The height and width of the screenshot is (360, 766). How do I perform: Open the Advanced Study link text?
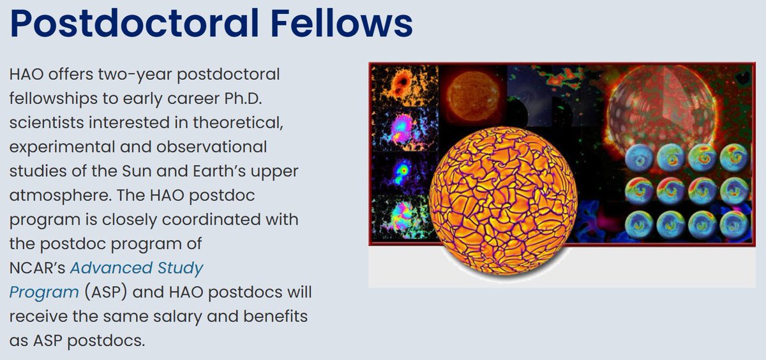pyautogui.click(x=137, y=267)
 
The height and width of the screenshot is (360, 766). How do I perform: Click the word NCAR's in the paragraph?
pyautogui.click(x=35, y=267)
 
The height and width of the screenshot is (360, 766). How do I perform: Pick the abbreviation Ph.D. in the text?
pyautogui.click(x=259, y=98)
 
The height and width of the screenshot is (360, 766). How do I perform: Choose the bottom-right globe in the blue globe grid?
pyautogui.click(x=732, y=224)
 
